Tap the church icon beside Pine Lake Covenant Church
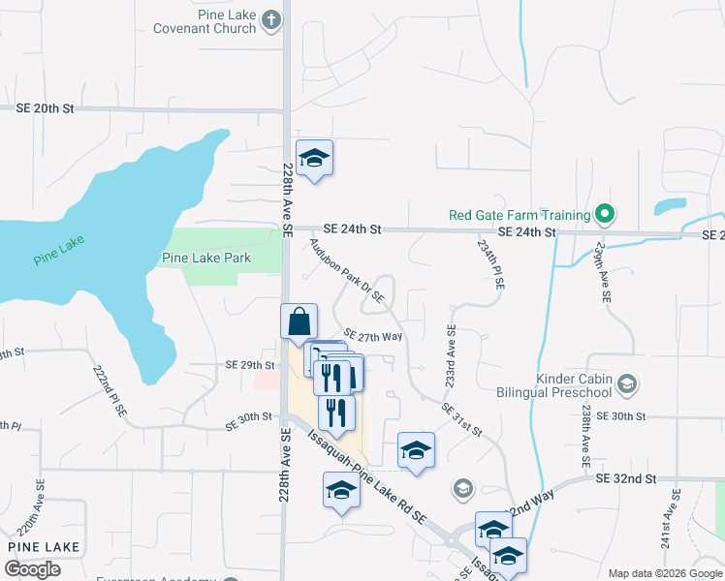tap(271, 19)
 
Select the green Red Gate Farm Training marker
tap(606, 214)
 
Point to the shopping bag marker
tap(299, 322)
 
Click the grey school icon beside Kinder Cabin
tap(627, 384)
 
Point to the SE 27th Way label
tap(373, 337)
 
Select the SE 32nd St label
tap(627, 478)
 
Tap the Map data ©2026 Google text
tap(664, 573)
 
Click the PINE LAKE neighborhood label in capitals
tap(43, 547)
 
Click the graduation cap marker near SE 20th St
tap(314, 159)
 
